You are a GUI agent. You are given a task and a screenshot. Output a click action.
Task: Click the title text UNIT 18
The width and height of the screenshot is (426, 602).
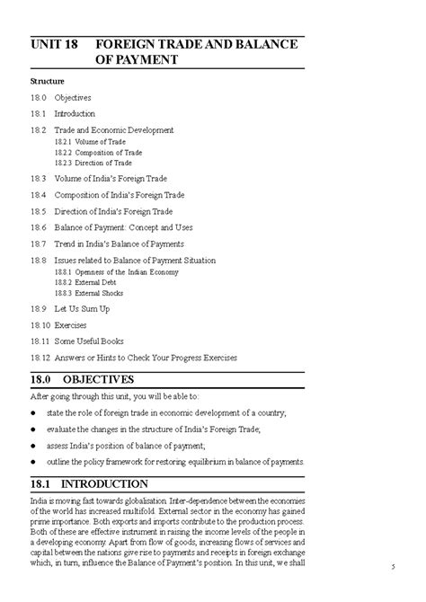tap(52, 42)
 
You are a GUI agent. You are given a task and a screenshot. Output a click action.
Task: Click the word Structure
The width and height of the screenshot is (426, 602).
tap(46, 81)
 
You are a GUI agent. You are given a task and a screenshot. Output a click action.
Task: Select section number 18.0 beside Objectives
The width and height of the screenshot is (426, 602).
tap(38, 97)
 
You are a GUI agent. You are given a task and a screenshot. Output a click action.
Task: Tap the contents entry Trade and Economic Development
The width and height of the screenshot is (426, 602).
tap(113, 130)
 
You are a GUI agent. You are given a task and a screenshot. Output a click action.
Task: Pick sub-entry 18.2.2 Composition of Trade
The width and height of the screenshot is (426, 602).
tap(98, 153)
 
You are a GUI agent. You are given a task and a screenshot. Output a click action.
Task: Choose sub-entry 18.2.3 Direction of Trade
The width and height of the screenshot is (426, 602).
tap(94, 163)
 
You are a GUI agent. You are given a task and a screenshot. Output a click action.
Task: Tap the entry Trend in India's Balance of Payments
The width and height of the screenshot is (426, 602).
tap(119, 243)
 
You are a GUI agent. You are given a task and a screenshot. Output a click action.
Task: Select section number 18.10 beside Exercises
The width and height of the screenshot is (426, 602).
tap(40, 325)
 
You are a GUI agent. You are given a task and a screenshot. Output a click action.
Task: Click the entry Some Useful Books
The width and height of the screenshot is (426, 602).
tap(89, 341)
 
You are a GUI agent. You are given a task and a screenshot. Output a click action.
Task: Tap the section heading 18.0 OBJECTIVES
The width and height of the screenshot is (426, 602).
tap(82, 379)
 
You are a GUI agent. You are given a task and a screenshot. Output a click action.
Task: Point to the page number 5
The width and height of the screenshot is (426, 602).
tap(393, 566)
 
